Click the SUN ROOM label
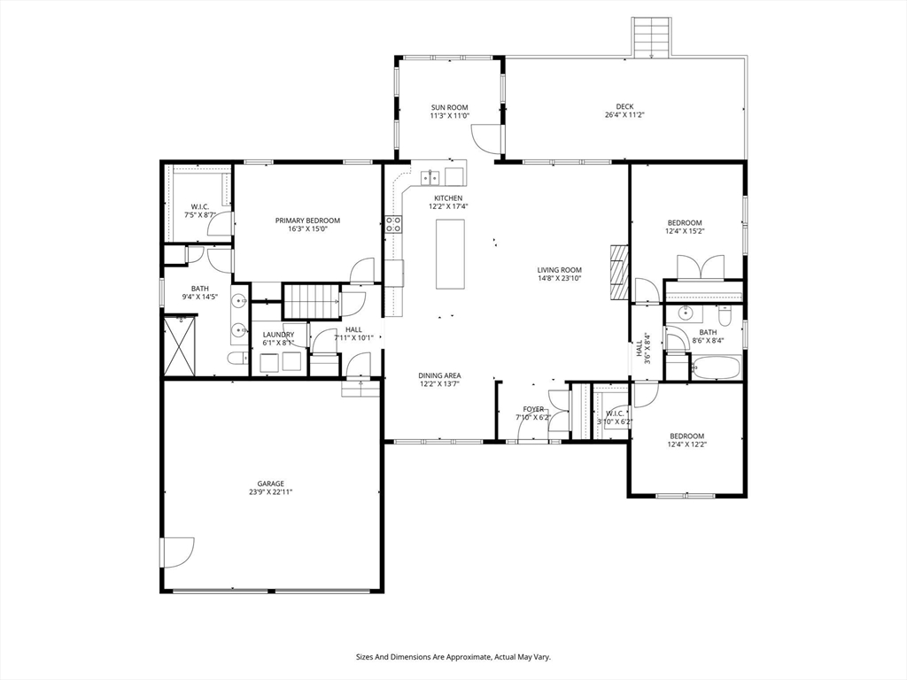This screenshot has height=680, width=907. (x=449, y=107)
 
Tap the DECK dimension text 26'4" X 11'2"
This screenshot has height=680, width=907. (x=624, y=115)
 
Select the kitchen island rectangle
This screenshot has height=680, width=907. (x=450, y=254)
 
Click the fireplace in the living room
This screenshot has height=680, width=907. (x=619, y=273)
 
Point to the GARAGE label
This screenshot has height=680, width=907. (x=271, y=484)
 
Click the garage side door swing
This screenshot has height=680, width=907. (x=177, y=552)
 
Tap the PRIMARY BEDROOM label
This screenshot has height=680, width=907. (x=307, y=220)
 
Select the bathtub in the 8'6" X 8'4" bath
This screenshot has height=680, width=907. (x=716, y=367)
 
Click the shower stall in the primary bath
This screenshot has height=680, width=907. (x=180, y=346)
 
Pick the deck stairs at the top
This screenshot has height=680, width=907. (x=652, y=37)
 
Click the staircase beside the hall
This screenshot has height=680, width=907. (x=311, y=301)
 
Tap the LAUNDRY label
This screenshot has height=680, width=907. (x=278, y=335)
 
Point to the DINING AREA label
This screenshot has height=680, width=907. (x=440, y=375)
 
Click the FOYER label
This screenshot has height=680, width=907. (x=533, y=409)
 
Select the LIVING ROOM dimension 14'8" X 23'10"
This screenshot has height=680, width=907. (x=560, y=278)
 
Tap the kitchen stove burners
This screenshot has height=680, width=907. (x=394, y=224)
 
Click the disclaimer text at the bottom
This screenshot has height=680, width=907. (x=453, y=658)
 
